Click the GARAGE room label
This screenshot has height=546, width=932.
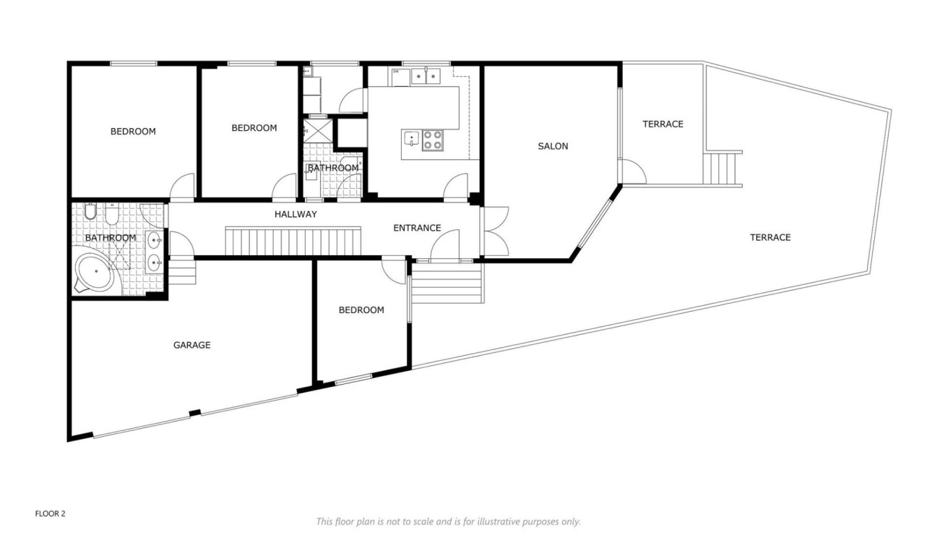(x=191, y=345)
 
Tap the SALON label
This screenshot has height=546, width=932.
(x=553, y=146)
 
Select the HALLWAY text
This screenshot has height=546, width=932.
(x=295, y=214)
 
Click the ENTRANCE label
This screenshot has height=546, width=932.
(x=417, y=228)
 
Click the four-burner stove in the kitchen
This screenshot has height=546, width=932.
(x=433, y=140)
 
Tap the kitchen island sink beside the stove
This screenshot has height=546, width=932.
(x=411, y=138)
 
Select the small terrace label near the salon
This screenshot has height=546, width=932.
(x=663, y=124)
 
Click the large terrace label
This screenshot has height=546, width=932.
(x=770, y=237)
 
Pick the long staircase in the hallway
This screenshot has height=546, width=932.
(x=293, y=241)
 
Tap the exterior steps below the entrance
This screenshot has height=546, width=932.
(x=446, y=283)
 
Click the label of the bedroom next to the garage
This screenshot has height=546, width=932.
(x=361, y=310)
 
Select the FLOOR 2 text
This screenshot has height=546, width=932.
(x=51, y=513)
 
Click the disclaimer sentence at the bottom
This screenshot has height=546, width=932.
(x=448, y=521)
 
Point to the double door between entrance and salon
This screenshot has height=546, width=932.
(x=496, y=231)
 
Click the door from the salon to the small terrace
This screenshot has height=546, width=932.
(x=632, y=172)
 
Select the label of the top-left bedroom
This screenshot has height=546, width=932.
(x=133, y=131)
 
